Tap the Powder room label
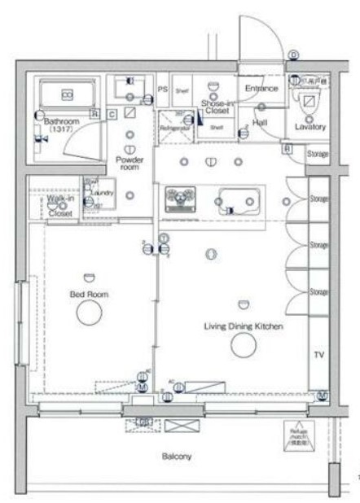pyautogui.click(x=130, y=163)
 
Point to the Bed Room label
pyautogui.click(x=89, y=294)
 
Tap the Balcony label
pyautogui.click(x=176, y=457)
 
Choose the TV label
pyautogui.click(x=318, y=355)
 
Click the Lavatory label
pyautogui.click(x=311, y=127)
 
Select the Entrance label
pyautogui.click(x=261, y=88)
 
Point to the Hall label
pyautogui.click(x=259, y=122)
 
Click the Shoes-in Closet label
pyautogui.click(x=217, y=106)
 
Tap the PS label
pyautogui.click(x=162, y=90)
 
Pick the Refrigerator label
pyautogui.click(x=175, y=129)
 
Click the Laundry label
pyautogui.click(x=101, y=193)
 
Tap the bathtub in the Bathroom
pyautogui.click(x=66, y=94)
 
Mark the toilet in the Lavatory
pyautogui.click(x=310, y=103)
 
